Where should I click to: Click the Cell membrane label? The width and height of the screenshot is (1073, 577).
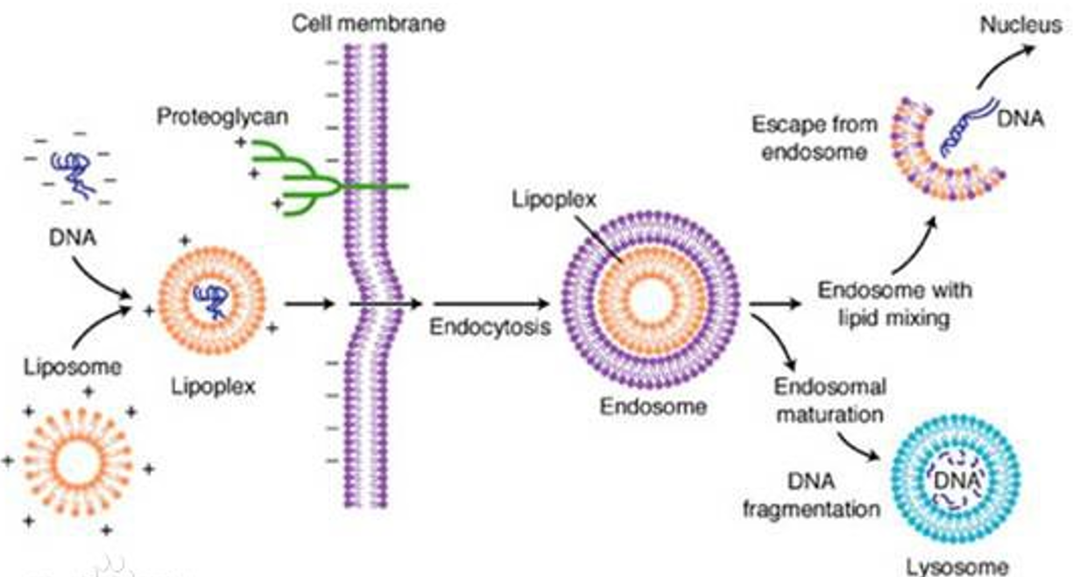(x=369, y=24)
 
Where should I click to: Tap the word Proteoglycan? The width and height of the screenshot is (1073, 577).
(x=222, y=117)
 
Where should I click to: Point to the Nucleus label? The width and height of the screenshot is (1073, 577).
(x=1020, y=25)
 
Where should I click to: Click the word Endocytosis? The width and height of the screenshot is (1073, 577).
(x=490, y=327)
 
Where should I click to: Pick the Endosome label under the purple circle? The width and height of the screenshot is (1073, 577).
(x=653, y=407)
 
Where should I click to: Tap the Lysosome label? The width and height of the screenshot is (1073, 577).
(x=957, y=567)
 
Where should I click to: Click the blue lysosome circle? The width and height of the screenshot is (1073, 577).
(x=957, y=479)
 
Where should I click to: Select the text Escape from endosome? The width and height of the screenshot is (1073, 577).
(x=815, y=139)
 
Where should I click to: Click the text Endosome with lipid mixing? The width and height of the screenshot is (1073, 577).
(x=895, y=305)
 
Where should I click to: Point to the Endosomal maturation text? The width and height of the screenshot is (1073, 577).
(x=830, y=401)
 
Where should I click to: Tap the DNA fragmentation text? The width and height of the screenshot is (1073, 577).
(x=812, y=496)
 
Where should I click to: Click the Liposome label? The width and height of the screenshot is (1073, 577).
(x=73, y=368)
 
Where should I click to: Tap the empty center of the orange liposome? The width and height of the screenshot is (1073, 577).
(x=77, y=462)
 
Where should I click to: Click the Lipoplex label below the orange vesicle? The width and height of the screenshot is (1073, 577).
(x=214, y=387)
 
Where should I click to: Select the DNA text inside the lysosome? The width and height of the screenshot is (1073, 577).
(x=957, y=480)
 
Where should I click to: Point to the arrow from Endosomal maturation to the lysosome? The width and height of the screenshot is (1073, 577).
(x=857, y=447)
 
